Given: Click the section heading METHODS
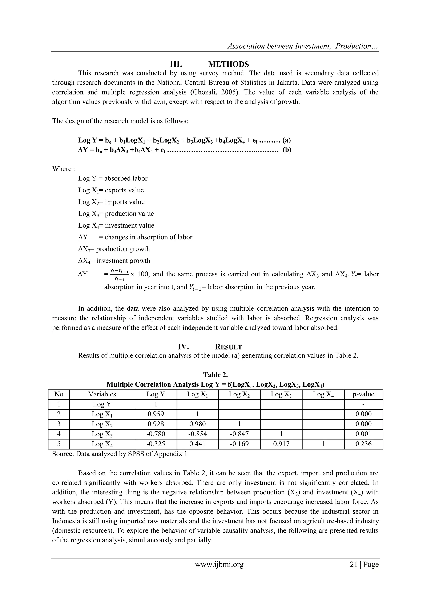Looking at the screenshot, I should pos(228,64).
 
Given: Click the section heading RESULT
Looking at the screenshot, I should pos(228,347).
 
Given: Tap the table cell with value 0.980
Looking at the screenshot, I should pos(197,424).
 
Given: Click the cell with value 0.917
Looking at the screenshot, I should pos(281,444).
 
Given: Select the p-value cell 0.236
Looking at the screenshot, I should pos(363,444).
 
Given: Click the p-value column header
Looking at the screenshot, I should pos(363,394).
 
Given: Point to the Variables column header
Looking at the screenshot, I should pos(102,394).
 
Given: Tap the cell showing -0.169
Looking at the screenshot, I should pos(239,444).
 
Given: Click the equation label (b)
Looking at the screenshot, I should pos(287,150).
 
